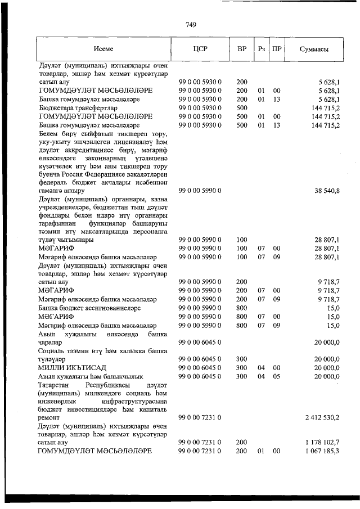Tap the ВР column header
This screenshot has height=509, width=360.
click(242, 49)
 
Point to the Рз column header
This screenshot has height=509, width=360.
click(261, 49)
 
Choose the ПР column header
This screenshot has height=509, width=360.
click(276, 49)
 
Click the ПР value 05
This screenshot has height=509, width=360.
click(276, 376)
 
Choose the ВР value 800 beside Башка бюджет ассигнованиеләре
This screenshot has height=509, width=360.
click(242, 308)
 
